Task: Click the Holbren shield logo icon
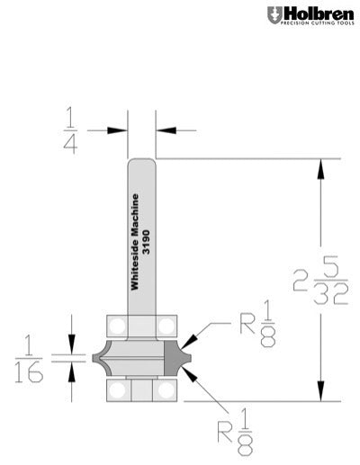(x=274, y=15)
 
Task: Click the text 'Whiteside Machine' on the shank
(x=136, y=242)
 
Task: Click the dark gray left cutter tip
(x=97, y=356)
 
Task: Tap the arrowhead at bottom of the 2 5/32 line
(x=319, y=397)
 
